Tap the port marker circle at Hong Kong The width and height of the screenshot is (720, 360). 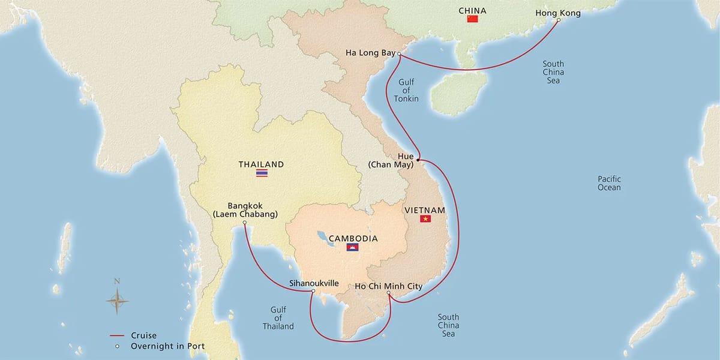(558, 20)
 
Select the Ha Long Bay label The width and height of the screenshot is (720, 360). (370, 53)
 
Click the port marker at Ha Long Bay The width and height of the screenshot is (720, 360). (399, 53)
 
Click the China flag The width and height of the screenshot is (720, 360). (472, 19)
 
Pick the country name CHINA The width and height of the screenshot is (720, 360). (472, 11)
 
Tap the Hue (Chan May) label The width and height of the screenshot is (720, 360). (397, 160)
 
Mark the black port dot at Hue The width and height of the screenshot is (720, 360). (418, 160)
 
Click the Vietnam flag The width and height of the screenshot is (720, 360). (425, 219)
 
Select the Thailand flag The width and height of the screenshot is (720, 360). (262, 173)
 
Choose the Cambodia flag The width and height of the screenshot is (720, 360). (352, 247)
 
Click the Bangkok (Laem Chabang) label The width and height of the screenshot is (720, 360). (245, 210)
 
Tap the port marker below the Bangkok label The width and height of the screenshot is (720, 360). (245, 223)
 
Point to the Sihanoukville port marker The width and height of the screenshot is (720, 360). (313, 292)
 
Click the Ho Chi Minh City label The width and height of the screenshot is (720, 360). (388, 286)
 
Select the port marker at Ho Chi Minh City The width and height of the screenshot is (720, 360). (389, 293)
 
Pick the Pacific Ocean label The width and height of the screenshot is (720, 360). (609, 183)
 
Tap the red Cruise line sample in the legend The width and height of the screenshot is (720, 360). (117, 336)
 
